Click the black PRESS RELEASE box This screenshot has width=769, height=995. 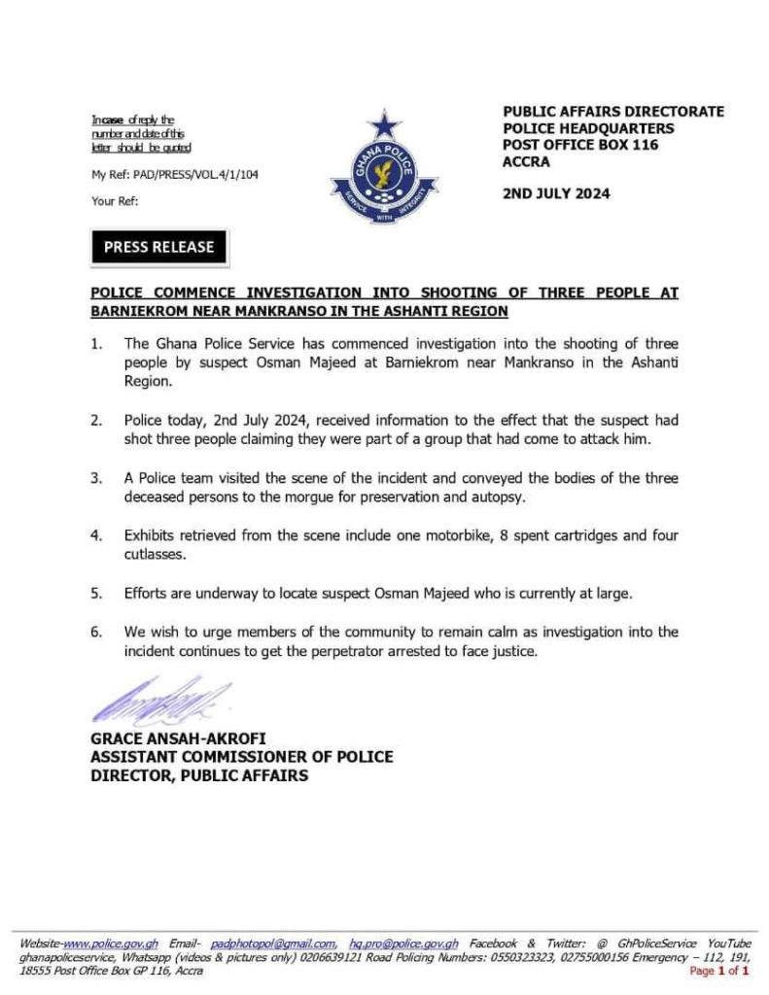tap(158, 248)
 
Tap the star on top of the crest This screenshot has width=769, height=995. tap(385, 124)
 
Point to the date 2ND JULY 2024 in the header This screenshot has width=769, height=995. tap(556, 193)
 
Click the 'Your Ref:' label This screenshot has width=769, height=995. tap(115, 201)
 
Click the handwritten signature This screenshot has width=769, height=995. tap(160, 701)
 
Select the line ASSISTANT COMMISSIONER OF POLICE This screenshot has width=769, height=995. tap(242, 757)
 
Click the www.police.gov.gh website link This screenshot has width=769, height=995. tap(111, 944)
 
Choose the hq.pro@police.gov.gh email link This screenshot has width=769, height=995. tap(403, 944)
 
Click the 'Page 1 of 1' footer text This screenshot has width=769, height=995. tap(719, 971)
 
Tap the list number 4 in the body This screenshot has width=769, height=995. tap(96, 535)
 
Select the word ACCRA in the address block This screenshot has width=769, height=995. tap(526, 161)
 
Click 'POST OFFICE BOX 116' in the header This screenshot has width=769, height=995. tap(580, 145)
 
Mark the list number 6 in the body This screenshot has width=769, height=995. tap(96, 632)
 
